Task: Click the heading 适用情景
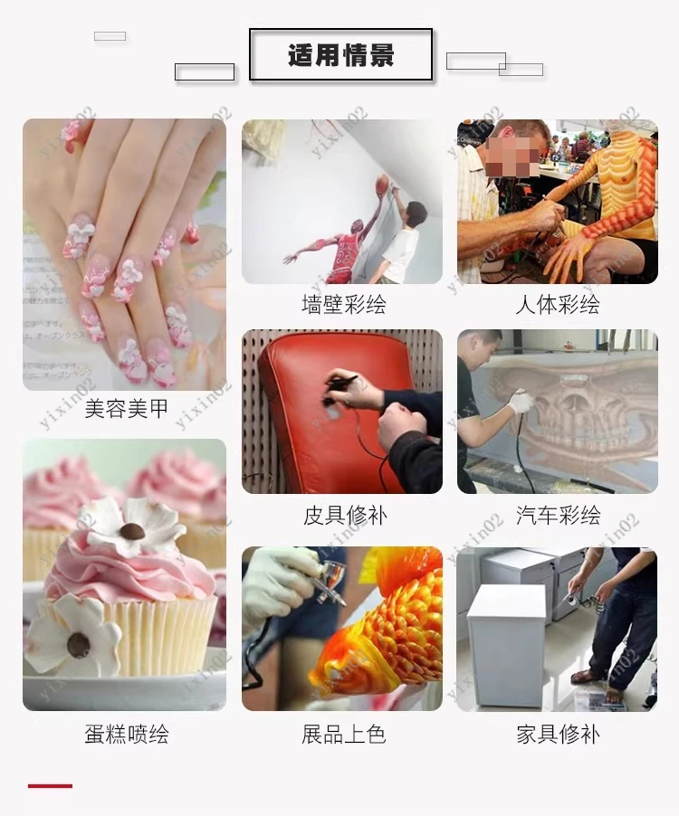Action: [x=341, y=55]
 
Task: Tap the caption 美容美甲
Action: [x=126, y=409]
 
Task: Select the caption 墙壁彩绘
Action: [x=344, y=304]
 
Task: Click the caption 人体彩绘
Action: [x=558, y=304]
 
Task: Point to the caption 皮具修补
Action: [x=345, y=516]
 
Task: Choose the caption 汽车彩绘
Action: [x=559, y=516]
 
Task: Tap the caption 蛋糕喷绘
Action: [x=127, y=734]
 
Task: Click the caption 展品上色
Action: [x=344, y=734]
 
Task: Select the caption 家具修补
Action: [x=559, y=734]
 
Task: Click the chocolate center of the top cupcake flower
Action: [x=132, y=531]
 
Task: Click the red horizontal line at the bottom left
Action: [x=50, y=786]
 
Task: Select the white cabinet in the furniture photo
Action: [x=508, y=644]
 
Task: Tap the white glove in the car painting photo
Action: [x=520, y=402]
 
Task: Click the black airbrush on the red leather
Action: [x=339, y=388]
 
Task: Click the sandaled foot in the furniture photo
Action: [x=589, y=676]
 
